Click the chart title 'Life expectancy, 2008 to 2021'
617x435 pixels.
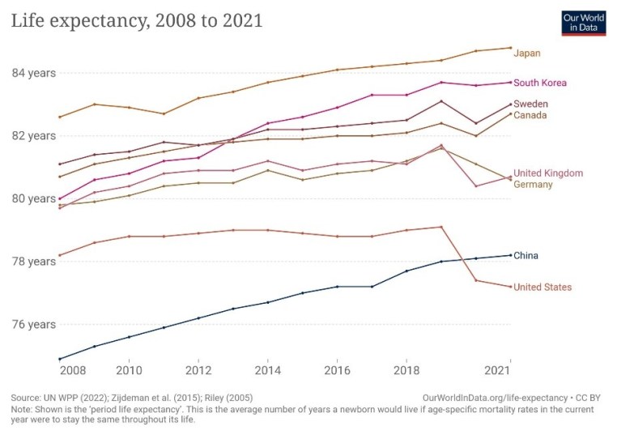pyautogui.click(x=137, y=21)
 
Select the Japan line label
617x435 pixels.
pyautogui.click(x=526, y=53)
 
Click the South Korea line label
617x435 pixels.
pyautogui.click(x=540, y=83)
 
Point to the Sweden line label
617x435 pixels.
pyautogui.click(x=530, y=104)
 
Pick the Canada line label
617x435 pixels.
pyautogui.click(x=530, y=115)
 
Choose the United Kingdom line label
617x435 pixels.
pyautogui.click(x=548, y=173)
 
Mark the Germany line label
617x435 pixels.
pyautogui.click(x=533, y=185)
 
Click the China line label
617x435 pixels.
pyautogui.click(x=526, y=256)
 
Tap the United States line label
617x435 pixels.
pyautogui.click(x=543, y=288)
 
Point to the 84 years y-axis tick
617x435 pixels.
pyautogui.click(x=33, y=73)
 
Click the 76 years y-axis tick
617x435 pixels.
pyautogui.click(x=33, y=325)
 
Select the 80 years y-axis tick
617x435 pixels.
pyautogui.click(x=33, y=198)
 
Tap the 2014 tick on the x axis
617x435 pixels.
pyautogui.click(x=268, y=370)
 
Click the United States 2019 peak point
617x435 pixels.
pyautogui.click(x=441, y=227)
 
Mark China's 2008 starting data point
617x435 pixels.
pyautogui.click(x=60, y=359)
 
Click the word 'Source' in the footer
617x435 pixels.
pyautogui.click(x=26, y=399)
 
